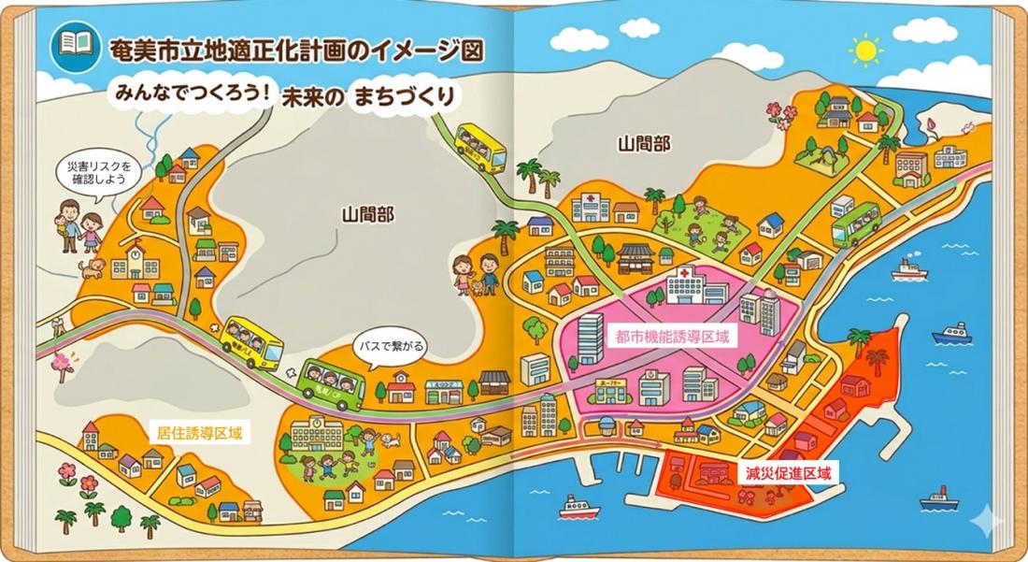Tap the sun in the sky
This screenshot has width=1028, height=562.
point(866,50)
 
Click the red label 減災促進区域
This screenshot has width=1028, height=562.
point(788,474)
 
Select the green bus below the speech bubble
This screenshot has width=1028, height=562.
point(333,381)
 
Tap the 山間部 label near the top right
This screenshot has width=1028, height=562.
point(644,143)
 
